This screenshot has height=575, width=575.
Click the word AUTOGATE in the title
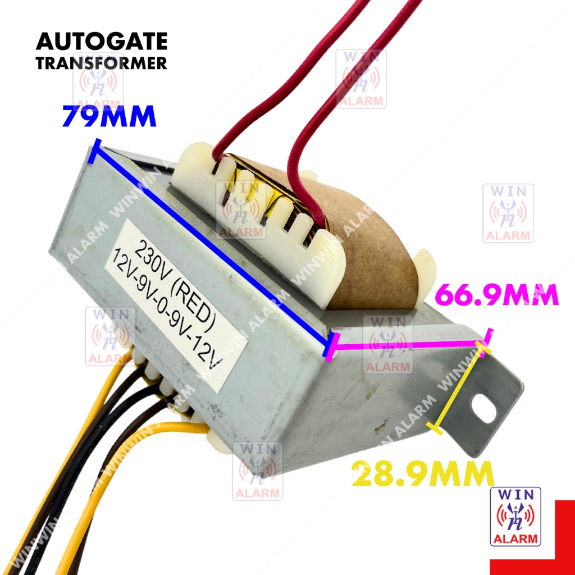102,42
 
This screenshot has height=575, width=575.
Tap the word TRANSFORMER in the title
102,63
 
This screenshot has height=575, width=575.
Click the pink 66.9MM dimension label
497,295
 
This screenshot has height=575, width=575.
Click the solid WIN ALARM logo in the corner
515,516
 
